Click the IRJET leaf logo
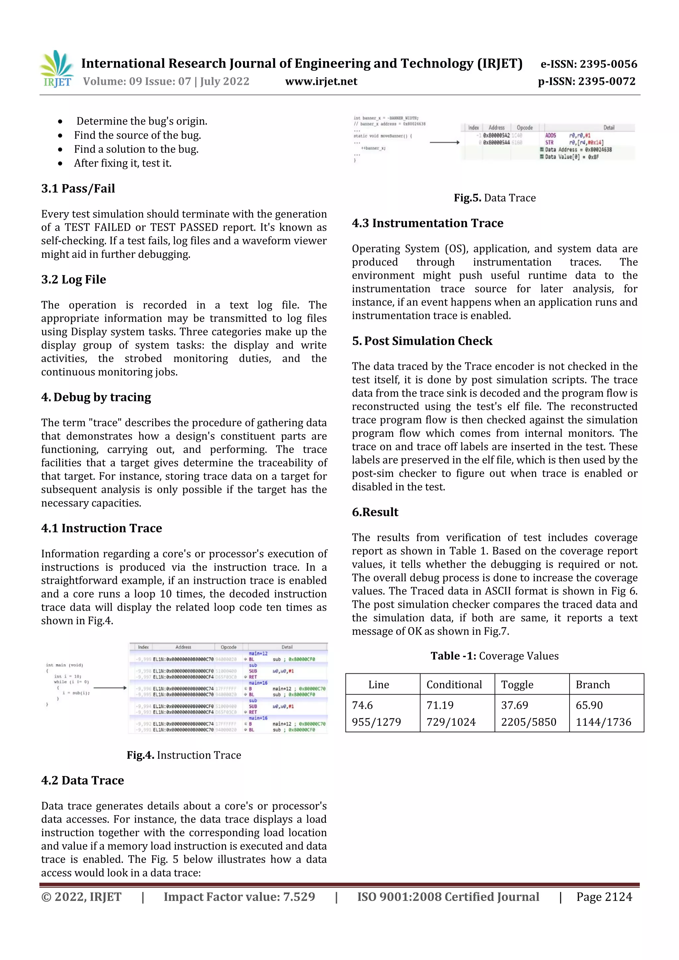(x=57, y=69)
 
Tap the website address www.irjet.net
(x=321, y=81)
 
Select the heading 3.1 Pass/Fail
(x=78, y=188)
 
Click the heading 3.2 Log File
(x=74, y=279)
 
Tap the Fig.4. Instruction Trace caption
(x=184, y=755)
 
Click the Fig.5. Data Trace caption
(x=495, y=198)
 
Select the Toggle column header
(x=517, y=685)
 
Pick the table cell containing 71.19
(x=440, y=705)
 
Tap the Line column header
(x=379, y=685)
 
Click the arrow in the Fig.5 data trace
(x=444, y=142)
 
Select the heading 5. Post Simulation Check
(x=422, y=341)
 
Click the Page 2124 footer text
(x=604, y=897)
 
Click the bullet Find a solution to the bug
(x=136, y=149)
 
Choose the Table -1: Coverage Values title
(x=495, y=655)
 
